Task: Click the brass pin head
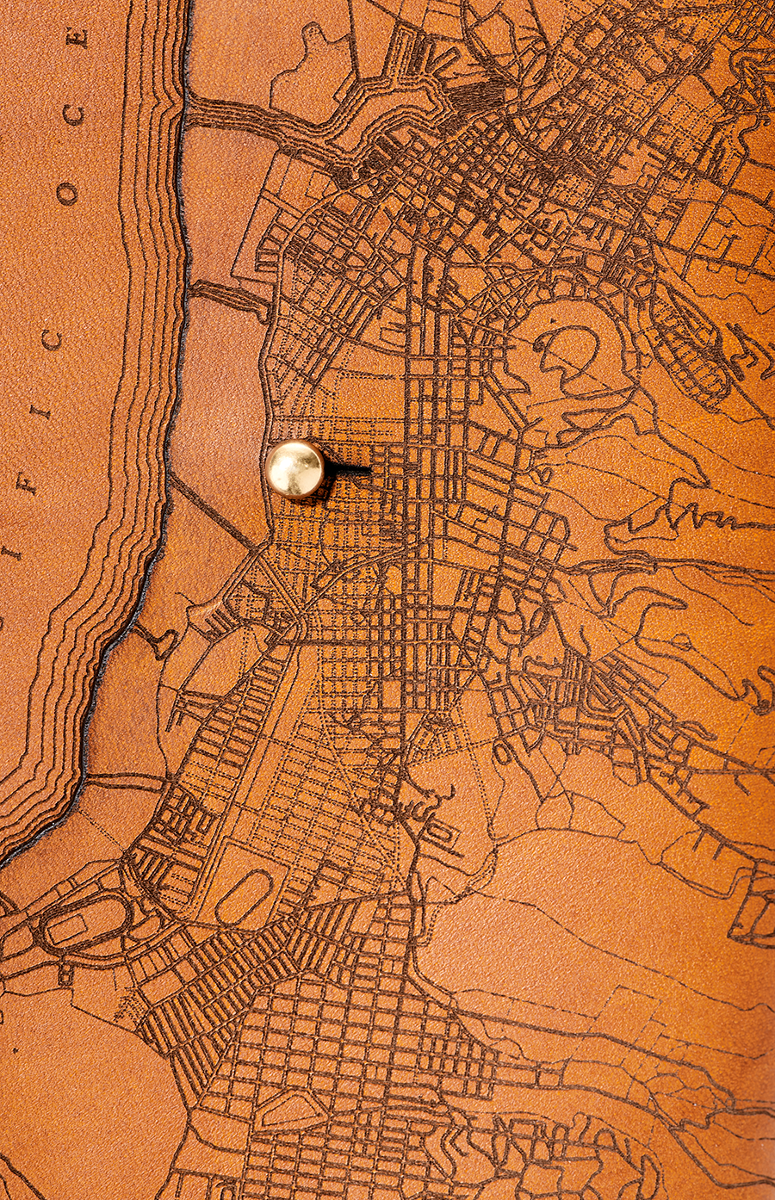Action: click(x=294, y=468)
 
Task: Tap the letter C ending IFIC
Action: click(x=52, y=339)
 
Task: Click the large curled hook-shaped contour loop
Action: click(x=568, y=353)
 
